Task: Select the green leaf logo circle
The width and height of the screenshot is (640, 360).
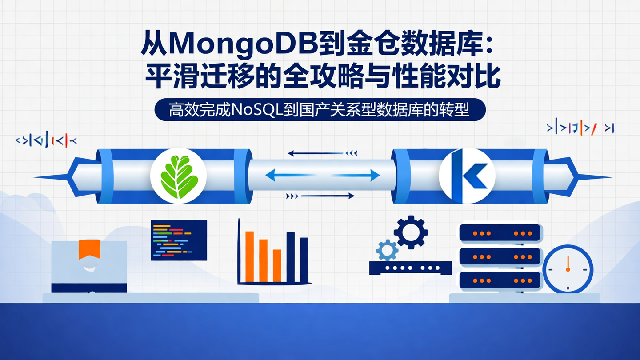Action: pos(178,176)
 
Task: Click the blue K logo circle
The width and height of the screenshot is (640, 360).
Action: pos(467,176)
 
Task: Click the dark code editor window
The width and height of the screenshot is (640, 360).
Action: pos(179,240)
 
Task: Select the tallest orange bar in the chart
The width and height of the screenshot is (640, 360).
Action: pos(249,256)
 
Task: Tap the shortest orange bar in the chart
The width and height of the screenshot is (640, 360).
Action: pos(277,265)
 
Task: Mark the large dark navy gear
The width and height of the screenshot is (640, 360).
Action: pos(411,232)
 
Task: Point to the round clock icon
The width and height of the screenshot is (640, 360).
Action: pos(568,269)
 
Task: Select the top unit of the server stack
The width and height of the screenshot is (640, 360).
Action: pos(500,233)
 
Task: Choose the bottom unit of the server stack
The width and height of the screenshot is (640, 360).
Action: pos(500,280)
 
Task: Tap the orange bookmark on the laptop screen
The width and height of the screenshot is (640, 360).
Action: pos(89,249)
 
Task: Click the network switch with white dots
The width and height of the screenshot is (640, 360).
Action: pos(410,268)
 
